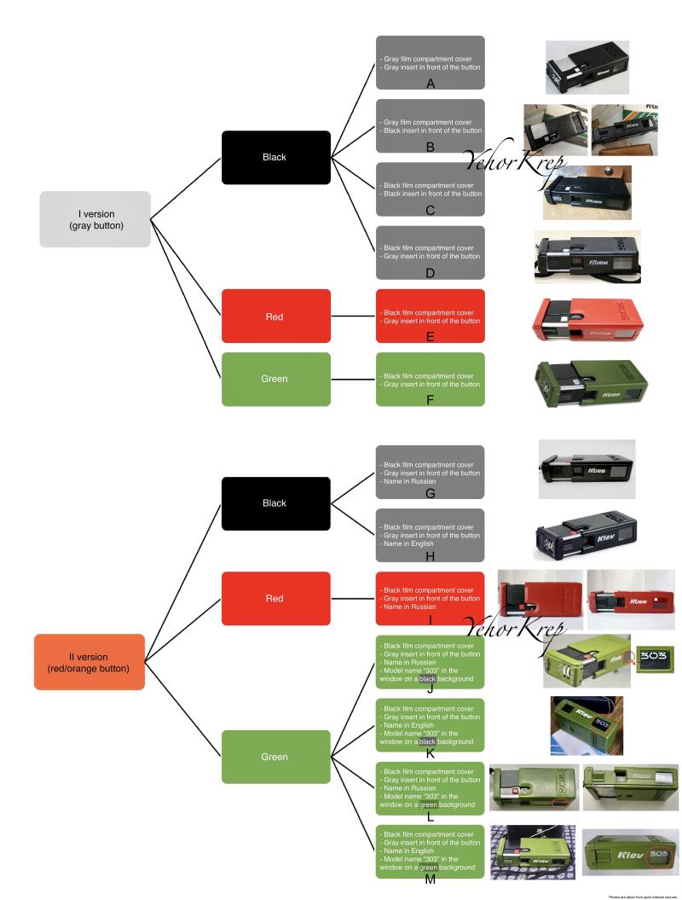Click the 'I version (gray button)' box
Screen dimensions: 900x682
pyautogui.click(x=95, y=219)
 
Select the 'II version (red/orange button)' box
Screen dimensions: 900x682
pyautogui.click(x=89, y=662)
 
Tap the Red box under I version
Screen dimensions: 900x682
pyautogui.click(x=275, y=316)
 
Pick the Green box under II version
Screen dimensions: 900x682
pyautogui.click(x=275, y=756)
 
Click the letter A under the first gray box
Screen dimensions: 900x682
pyautogui.click(x=431, y=85)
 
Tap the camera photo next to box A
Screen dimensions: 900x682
pyautogui.click(x=587, y=67)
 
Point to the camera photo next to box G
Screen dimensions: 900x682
pyautogui.click(x=587, y=468)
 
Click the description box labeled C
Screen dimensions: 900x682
pyautogui.click(x=431, y=189)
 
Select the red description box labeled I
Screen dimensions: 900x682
pyautogui.click(x=431, y=598)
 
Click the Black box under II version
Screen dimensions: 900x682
pyautogui.click(x=275, y=503)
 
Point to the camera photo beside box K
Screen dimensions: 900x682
pyautogui.click(x=587, y=725)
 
